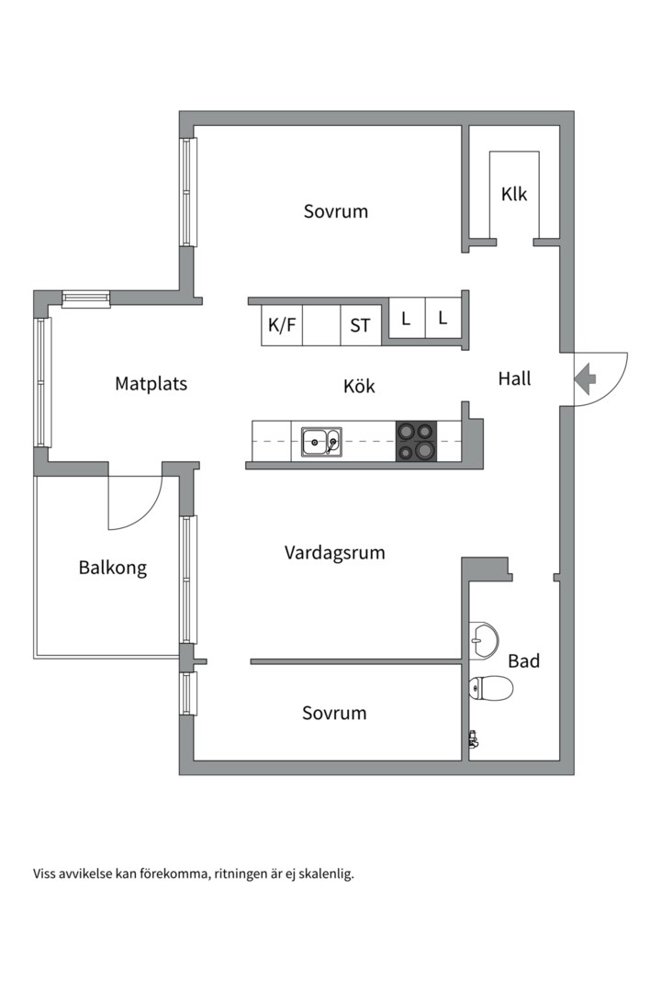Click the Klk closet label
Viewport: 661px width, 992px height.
tap(514, 195)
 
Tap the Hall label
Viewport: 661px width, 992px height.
tap(514, 378)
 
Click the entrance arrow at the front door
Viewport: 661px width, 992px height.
tap(585, 377)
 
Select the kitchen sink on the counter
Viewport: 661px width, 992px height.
tap(321, 442)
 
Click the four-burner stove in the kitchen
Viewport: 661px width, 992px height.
tap(415, 441)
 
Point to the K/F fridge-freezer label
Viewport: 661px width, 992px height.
tap(281, 325)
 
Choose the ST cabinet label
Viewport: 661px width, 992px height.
tap(360, 325)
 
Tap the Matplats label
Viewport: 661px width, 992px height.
tap(151, 383)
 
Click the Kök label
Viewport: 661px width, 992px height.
tap(359, 386)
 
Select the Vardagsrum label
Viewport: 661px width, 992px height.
tap(334, 553)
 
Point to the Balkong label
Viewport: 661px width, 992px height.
tap(112, 568)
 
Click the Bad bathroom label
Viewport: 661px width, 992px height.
tap(523, 660)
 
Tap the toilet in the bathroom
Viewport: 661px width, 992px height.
tap(490, 687)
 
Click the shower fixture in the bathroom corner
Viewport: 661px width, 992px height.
tap(473, 738)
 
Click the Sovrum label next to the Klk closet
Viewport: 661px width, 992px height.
tap(336, 211)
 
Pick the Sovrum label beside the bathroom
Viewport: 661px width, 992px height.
tap(334, 713)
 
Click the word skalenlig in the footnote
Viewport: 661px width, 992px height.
tap(326, 874)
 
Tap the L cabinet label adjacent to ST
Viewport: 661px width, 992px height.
tap(405, 319)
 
